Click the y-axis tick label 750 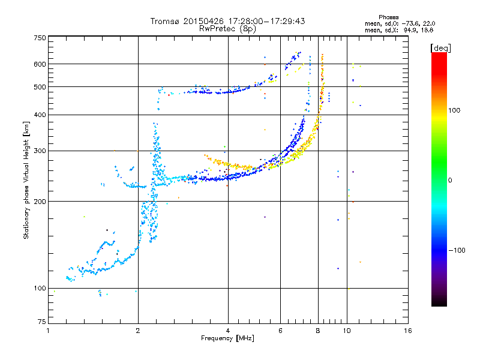pyautogui.click(x=40, y=38)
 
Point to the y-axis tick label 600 pyautogui.click(x=40, y=64)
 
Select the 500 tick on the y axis pyautogui.click(x=40, y=87)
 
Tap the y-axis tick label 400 pyautogui.click(x=40, y=115)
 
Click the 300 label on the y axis pyautogui.click(x=40, y=151)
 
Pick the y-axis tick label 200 pyautogui.click(x=40, y=202)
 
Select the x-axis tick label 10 pyautogui.click(x=346, y=331)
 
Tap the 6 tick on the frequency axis pyautogui.click(x=280, y=331)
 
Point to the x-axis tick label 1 pyautogui.click(x=48, y=331)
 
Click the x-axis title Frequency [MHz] pyautogui.click(x=228, y=338)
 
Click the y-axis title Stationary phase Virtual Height pyautogui.click(x=26, y=180)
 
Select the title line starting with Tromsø pyautogui.click(x=228, y=21)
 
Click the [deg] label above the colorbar pyautogui.click(x=440, y=47)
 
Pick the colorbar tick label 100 pyautogui.click(x=455, y=110)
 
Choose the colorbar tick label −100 pyautogui.click(x=457, y=250)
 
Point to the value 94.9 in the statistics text pyautogui.click(x=409, y=29)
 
